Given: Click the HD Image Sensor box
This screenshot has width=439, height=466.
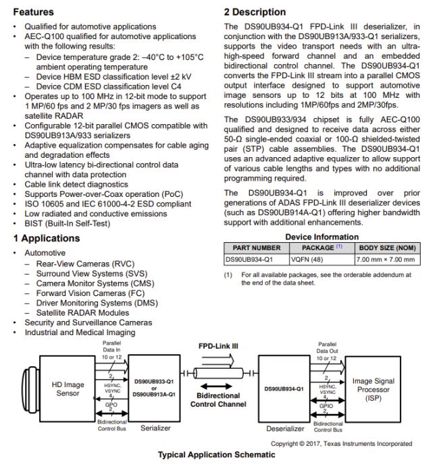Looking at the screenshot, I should (x=68, y=389).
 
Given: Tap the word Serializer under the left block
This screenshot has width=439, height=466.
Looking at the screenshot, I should (x=155, y=428).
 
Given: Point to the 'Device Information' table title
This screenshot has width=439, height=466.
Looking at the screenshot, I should (x=322, y=237).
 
